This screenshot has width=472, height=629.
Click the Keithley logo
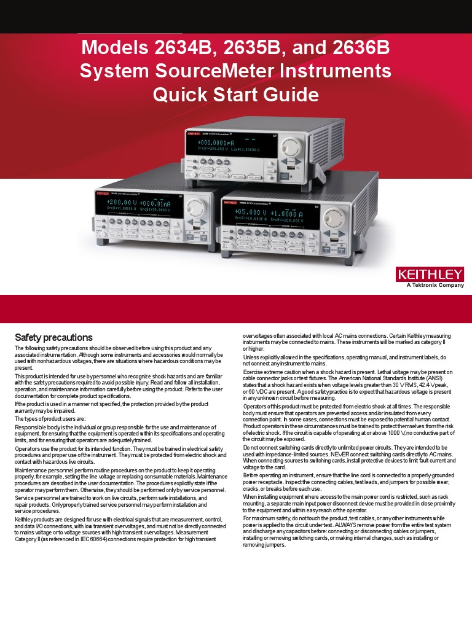(x=430, y=273)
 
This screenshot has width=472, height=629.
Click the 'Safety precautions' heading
(x=53, y=337)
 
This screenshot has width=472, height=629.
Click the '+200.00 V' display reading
(x=120, y=202)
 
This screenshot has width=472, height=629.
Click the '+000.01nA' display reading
(x=160, y=203)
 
